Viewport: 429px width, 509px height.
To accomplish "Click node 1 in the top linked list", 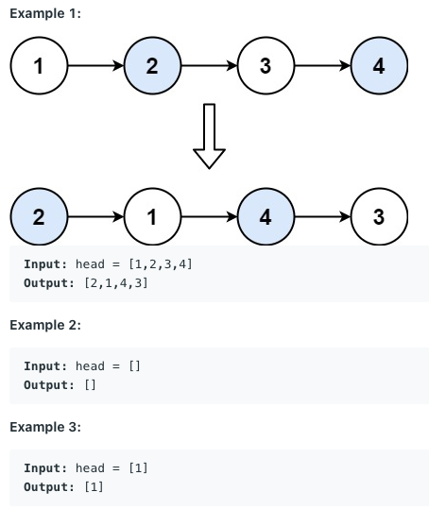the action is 39,65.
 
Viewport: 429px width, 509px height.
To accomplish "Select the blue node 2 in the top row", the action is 152,65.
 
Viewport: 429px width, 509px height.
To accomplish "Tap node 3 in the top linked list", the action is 266,65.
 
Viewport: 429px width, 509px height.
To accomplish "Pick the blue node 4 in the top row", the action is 379,65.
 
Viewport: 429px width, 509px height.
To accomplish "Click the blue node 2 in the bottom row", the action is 39,216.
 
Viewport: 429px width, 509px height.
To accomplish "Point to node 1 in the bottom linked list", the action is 152,216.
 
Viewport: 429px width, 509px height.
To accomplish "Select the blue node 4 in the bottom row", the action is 266,216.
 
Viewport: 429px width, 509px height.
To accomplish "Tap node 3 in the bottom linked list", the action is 379,216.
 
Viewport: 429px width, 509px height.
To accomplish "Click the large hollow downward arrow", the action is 209,136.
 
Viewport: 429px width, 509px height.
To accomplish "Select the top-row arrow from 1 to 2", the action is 95,65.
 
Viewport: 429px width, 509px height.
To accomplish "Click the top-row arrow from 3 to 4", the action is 323,65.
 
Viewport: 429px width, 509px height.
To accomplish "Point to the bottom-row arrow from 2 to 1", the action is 95,216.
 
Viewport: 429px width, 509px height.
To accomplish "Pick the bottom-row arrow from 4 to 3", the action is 323,216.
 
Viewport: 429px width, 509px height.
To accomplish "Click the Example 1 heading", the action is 45,13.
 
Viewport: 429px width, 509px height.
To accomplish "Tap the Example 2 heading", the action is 45,325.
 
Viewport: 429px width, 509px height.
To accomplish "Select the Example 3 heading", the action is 45,427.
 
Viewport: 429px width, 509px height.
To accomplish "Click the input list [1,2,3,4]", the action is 161,264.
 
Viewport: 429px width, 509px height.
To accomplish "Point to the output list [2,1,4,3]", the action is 116,283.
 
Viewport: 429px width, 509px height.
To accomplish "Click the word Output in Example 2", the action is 49,385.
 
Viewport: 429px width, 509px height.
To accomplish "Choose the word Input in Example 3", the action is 45,468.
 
